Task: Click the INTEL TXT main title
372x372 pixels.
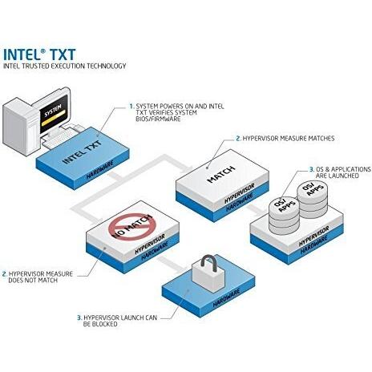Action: pos(39,55)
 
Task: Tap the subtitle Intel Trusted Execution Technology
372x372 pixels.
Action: pos(64,66)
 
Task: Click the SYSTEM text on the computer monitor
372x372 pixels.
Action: pos(53,110)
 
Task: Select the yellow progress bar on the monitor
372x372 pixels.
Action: pos(53,119)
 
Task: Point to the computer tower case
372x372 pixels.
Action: pos(22,126)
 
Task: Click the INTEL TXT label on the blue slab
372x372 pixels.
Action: pos(83,152)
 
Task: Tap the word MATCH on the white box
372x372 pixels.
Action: pos(221,174)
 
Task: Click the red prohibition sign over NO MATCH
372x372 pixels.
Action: pos(131,226)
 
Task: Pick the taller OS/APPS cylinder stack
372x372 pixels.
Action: pos(312,200)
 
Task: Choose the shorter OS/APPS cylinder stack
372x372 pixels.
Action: pos(284,216)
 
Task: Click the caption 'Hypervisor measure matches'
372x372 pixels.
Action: pos(285,139)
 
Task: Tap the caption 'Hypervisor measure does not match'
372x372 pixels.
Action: pos(38,277)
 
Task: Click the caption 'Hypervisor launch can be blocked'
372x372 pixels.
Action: pos(117,321)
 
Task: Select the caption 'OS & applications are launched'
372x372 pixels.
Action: pos(340,172)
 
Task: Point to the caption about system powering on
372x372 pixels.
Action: pos(176,112)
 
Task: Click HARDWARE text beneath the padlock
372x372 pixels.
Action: pos(226,297)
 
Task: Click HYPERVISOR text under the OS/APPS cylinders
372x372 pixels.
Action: pos(313,237)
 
